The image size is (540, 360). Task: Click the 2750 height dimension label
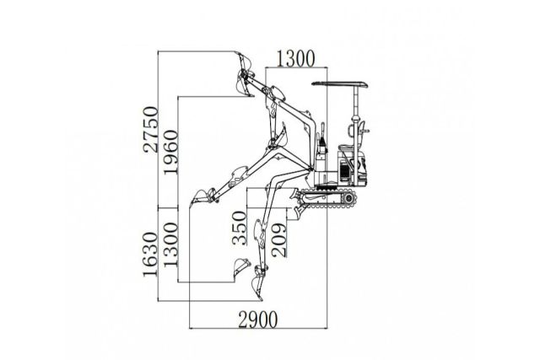(x=150, y=128)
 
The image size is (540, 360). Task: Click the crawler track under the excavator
(x=330, y=197)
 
